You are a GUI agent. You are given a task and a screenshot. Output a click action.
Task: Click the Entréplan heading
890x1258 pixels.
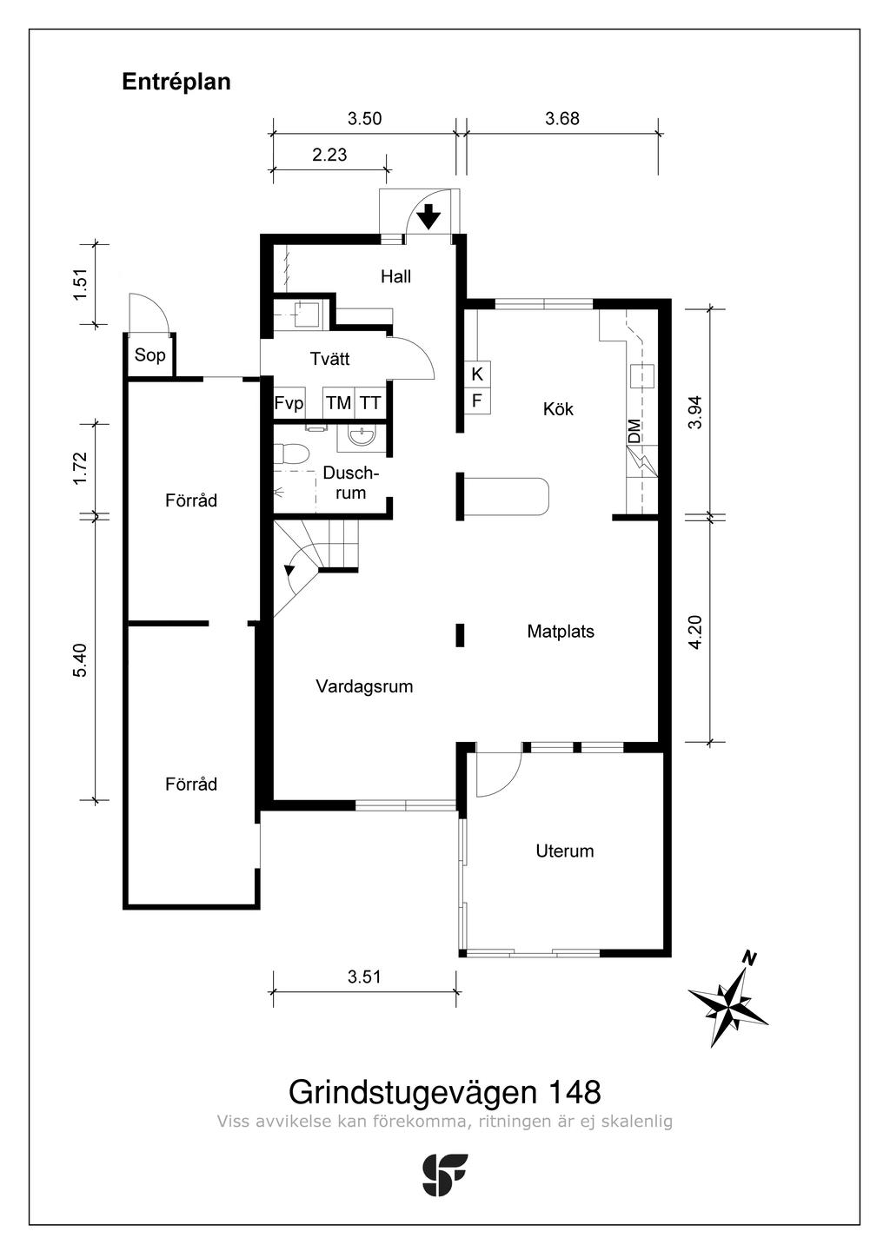point(176,83)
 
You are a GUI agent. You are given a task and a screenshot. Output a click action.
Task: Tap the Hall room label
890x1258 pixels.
point(395,277)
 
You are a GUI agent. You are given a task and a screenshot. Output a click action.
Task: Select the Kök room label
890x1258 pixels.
point(558,408)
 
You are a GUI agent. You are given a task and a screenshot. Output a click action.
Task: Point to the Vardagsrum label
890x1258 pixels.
point(364,686)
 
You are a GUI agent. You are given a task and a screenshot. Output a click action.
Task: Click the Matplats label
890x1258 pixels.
point(561,632)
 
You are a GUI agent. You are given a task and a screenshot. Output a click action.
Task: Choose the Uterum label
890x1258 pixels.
point(564,851)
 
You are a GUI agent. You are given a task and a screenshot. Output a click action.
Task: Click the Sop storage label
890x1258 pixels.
point(149,355)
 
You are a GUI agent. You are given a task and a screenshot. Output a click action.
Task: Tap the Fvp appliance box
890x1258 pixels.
point(289,403)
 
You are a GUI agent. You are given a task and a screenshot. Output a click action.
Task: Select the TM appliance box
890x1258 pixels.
point(338,403)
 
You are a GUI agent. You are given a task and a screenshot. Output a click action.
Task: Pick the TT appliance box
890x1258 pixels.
point(370,403)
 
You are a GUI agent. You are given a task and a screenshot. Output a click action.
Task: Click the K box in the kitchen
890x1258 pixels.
point(477,374)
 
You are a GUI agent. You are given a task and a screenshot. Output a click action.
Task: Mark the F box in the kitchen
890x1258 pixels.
point(477,401)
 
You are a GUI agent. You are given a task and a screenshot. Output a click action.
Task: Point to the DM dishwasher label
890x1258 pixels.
point(634,431)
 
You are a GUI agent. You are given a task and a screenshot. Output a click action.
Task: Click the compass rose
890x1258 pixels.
point(728,1003)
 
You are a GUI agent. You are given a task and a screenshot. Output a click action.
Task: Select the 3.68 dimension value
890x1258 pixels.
point(562,119)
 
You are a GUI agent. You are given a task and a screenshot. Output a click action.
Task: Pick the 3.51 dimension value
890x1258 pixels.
point(364,977)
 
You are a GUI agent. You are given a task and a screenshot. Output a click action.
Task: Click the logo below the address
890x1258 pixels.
point(444,1175)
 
